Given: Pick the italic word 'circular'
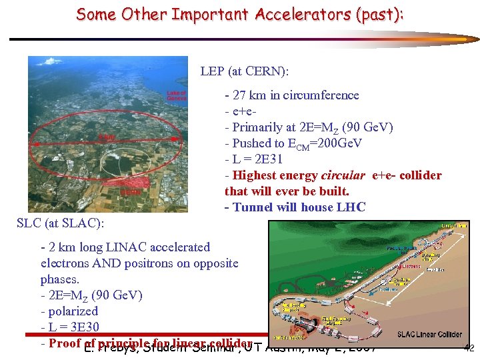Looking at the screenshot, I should click(x=344, y=175).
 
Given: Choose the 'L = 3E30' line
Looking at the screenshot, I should click(x=70, y=327).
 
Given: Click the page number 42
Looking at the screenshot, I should click(x=468, y=347).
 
